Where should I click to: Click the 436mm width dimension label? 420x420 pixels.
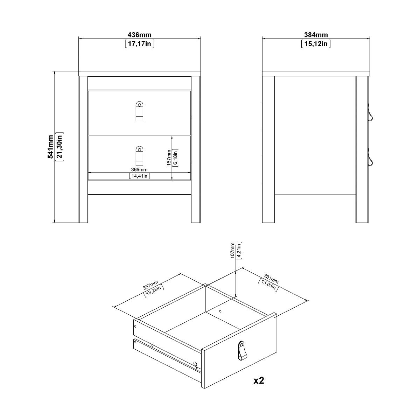pos(140,35)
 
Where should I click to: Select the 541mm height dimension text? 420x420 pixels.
pos(51,147)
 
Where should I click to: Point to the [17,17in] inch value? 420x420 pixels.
pos(140,44)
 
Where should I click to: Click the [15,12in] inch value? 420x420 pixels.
pos(316,44)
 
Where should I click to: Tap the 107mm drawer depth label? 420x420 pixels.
pos(232,250)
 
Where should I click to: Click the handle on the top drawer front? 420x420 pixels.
pos(139,112)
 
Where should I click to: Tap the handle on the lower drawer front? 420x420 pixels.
pos(139,156)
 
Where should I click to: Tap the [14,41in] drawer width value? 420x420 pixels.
pos(140,176)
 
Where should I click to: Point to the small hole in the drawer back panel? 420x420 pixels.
pos(220,311)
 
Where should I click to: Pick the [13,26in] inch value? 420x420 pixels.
pos(154,291)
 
